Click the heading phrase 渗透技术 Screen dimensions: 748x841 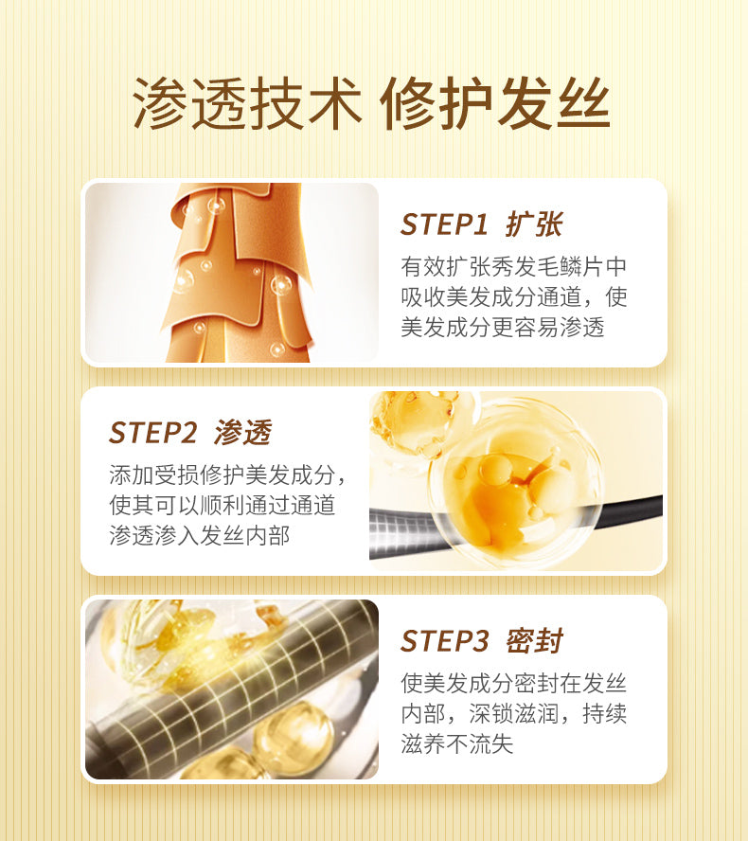tap(247, 103)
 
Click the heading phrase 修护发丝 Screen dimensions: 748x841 tap(495, 103)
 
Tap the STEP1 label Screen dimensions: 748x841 tap(444, 224)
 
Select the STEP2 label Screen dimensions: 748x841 tap(152, 432)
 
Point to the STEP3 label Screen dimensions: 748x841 tap(444, 640)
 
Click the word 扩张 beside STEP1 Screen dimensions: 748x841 tap(534, 224)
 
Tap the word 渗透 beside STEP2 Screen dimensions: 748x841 tap(243, 432)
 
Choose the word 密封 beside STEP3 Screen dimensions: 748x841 tap(534, 640)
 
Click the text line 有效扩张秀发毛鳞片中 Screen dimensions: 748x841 tap(514, 266)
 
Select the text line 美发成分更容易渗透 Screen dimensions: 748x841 tap(503, 327)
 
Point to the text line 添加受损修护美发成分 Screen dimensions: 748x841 tap(222, 474)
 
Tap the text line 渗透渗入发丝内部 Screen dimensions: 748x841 tap(200, 535)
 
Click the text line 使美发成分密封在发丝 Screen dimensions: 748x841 tap(514, 684)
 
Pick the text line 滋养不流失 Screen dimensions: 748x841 tap(456, 743)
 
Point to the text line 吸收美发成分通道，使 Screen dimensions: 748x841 tap(514, 296)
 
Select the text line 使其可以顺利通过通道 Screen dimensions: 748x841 tap(222, 505)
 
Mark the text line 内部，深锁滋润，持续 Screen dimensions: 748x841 tap(514, 713)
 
